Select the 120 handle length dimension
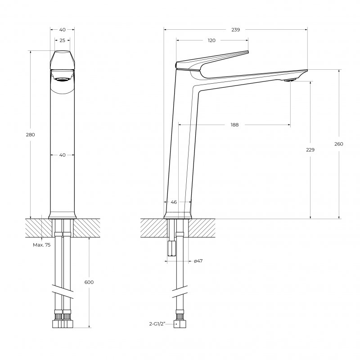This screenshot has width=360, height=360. [x=211, y=40]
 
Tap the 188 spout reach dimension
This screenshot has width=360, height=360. [x=234, y=125]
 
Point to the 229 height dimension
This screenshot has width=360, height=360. [x=310, y=150]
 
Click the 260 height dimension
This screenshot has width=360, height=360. [x=339, y=144]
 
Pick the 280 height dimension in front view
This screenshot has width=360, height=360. [x=31, y=135]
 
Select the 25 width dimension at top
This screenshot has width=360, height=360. [x=62, y=40]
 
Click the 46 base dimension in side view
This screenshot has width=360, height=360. [x=174, y=202]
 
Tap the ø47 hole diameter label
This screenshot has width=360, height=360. [x=198, y=261]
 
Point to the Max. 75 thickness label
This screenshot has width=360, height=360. [x=41, y=245]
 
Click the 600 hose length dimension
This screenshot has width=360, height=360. [x=89, y=282]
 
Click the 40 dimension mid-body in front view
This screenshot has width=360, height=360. [x=62, y=155]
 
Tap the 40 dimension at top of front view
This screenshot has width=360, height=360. [x=62, y=29]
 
